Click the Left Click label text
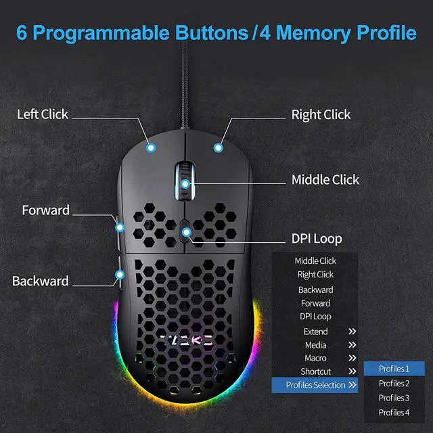[x=43, y=114]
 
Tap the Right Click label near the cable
[x=321, y=114]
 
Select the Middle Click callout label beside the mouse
[x=325, y=179]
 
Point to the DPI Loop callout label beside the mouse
[x=317, y=238]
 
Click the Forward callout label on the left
[x=45, y=210]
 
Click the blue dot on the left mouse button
[x=151, y=146]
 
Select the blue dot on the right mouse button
[x=218, y=146]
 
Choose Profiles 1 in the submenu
[x=394, y=369]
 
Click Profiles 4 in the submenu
[x=394, y=413]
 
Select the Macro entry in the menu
[x=315, y=358]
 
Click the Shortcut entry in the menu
[x=315, y=371]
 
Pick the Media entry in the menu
[x=315, y=345]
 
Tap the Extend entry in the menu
[x=315, y=332]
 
